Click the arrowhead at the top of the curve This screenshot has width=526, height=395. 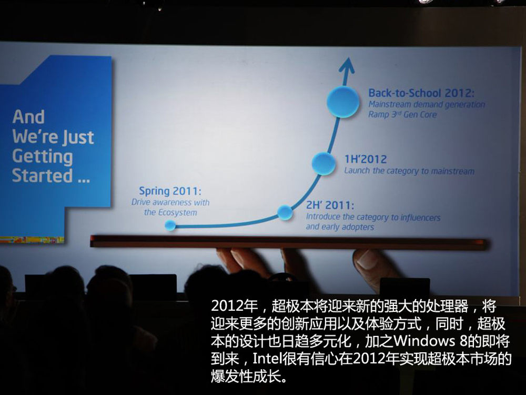tap(347, 66)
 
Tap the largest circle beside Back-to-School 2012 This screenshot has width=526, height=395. tap(343, 102)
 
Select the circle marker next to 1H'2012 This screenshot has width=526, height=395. tap(323, 164)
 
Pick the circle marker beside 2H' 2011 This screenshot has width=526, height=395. tap(285, 212)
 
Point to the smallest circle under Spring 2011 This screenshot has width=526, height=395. tap(170, 225)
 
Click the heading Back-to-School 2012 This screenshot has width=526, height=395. tap(421, 93)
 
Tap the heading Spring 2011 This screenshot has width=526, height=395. tap(170, 192)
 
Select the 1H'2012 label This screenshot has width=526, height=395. tap(366, 159)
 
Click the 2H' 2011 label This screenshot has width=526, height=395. tap(330, 205)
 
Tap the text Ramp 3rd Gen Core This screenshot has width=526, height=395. tap(402, 114)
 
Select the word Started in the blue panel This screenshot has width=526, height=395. tap(42, 176)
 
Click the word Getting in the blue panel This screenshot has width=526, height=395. tap(42, 157)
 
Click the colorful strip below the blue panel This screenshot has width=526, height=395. tap(32, 240)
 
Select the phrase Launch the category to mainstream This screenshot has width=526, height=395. tap(409, 171)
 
